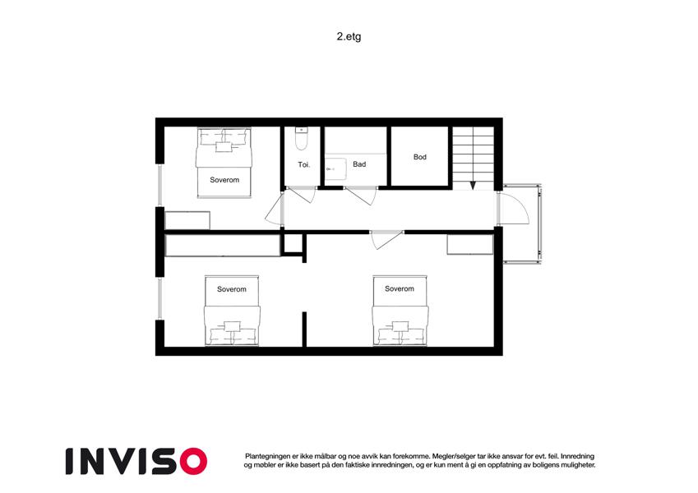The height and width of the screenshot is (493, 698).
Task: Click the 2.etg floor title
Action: [349, 36]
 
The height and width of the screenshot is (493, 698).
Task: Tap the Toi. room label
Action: [304, 164]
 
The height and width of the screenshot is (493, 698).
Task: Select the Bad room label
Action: [359, 164]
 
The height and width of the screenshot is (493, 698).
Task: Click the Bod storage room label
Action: [420, 157]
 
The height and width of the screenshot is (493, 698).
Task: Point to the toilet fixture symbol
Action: [302, 138]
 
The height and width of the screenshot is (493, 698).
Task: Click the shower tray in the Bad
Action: [335, 169]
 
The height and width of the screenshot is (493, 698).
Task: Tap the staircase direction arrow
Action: [473, 185]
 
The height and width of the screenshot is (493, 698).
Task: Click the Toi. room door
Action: [302, 195]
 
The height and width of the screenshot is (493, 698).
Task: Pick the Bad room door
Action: [361, 196]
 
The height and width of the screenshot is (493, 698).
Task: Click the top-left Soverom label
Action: [224, 180]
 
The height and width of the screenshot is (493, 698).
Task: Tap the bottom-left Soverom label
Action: [232, 289]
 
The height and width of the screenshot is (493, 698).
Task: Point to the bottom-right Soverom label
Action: [400, 288]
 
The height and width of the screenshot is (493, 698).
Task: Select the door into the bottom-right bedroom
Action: [386, 240]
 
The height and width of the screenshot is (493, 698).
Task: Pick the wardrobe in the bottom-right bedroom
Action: [470, 245]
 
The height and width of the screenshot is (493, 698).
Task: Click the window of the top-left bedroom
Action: [159, 185]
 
